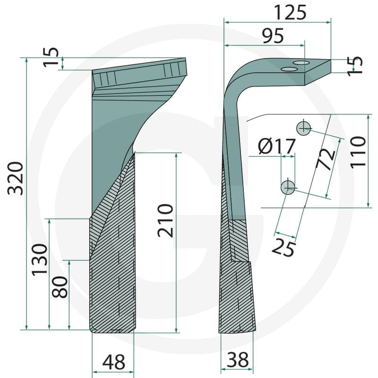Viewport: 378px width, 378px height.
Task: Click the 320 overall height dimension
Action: tap(16, 179)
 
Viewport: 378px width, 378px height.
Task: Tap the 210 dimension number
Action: tap(165, 221)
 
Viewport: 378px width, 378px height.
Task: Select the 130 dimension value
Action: tap(40, 260)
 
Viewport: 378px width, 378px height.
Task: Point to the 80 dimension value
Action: tap(60, 287)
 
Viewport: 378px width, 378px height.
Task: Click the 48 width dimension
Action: tap(114, 362)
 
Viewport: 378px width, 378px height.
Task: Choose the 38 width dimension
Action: tap(238, 360)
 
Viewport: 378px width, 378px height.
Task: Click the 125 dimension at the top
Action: tap(290, 13)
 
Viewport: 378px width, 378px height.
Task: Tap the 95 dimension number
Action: tap(273, 36)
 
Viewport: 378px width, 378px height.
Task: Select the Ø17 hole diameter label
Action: tap(277, 146)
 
